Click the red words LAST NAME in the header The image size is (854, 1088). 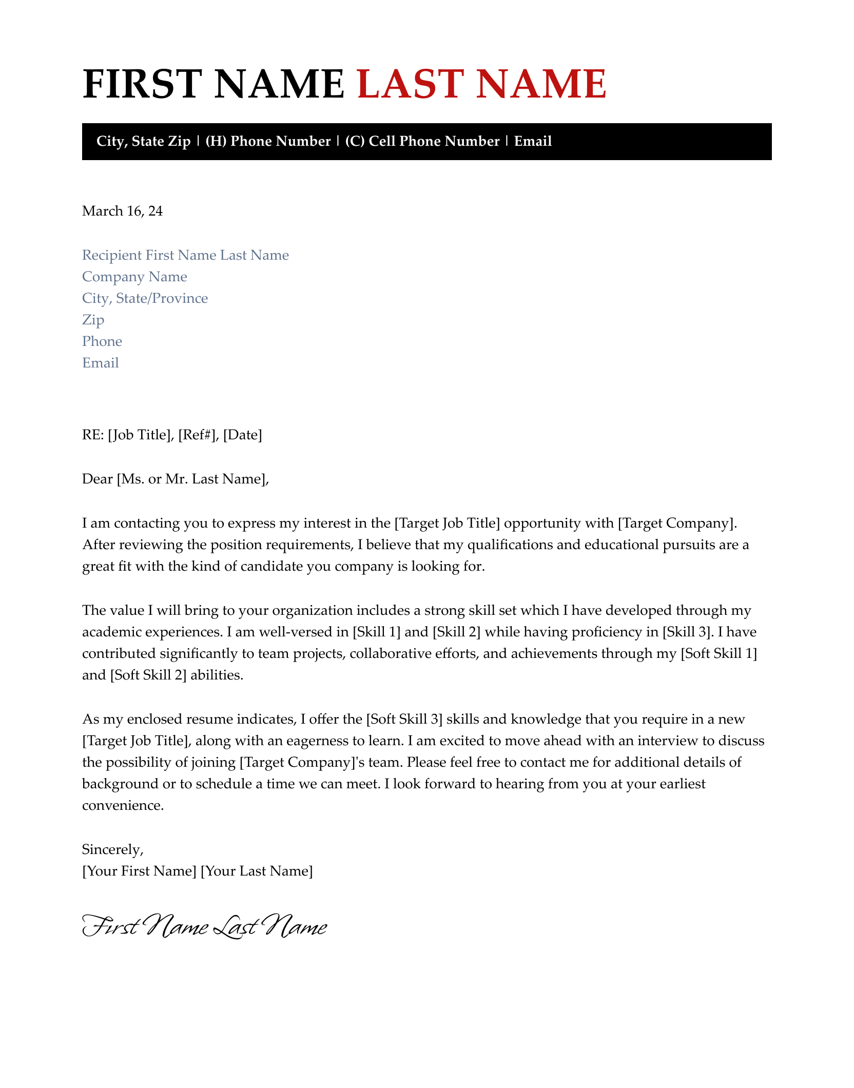tap(482, 84)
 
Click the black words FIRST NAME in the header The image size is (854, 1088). tap(213, 84)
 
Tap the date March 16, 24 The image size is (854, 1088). tap(122, 211)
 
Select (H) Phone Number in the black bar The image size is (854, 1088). tap(268, 141)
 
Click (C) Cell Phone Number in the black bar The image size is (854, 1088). tap(422, 141)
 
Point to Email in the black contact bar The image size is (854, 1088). tap(533, 141)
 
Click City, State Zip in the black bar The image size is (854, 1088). tap(143, 141)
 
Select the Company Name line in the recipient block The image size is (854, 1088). tap(134, 277)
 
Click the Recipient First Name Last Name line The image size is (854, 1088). tap(185, 255)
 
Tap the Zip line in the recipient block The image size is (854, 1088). tap(93, 320)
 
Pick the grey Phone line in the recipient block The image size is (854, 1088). tap(102, 341)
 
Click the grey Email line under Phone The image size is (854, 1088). tap(101, 363)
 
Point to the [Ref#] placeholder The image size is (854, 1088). tap(197, 435)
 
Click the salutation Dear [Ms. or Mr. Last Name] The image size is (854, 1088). tap(175, 479)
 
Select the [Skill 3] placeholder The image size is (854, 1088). tap(687, 632)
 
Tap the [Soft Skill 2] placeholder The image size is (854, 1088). tap(148, 675)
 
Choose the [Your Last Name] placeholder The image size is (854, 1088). tap(256, 871)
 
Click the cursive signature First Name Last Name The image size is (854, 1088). tap(204, 927)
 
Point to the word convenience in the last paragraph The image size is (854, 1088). tap(123, 805)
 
